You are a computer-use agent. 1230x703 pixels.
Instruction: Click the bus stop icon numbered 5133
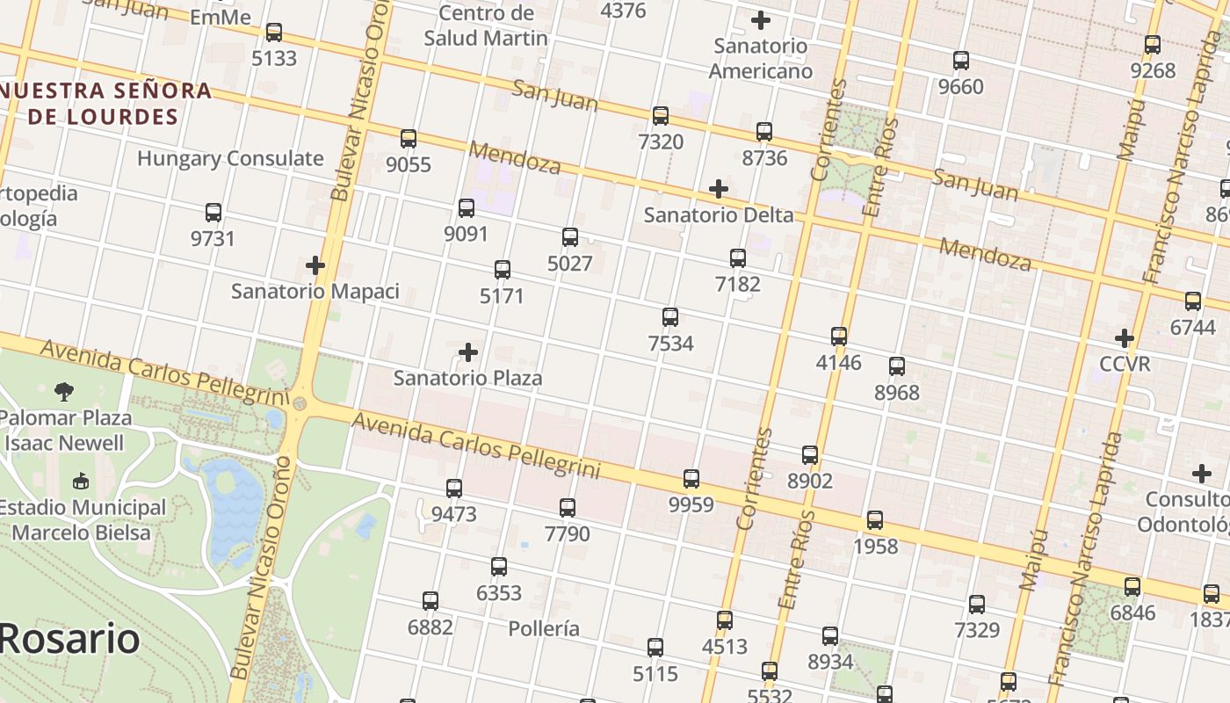click(x=274, y=33)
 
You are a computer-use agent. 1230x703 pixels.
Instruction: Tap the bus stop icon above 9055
click(x=409, y=139)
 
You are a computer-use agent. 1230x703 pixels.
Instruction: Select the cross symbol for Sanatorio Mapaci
click(x=315, y=265)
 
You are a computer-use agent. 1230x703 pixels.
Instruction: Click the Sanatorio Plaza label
click(x=467, y=379)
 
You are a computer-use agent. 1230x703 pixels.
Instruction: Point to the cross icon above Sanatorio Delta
click(x=719, y=189)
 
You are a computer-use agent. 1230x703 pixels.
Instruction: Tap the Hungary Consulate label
click(x=230, y=159)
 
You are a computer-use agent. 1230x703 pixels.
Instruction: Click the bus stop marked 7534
click(x=670, y=317)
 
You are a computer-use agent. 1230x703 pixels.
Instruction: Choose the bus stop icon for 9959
click(x=691, y=479)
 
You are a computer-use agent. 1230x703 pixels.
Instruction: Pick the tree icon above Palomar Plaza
click(x=63, y=391)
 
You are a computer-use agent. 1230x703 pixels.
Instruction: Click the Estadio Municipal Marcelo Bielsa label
click(x=82, y=520)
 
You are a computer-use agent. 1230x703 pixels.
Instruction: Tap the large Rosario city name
click(x=70, y=639)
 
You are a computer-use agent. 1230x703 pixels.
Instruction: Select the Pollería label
click(x=544, y=628)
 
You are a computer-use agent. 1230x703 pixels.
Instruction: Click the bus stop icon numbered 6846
click(x=1132, y=587)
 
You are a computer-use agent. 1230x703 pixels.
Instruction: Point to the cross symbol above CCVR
click(x=1125, y=338)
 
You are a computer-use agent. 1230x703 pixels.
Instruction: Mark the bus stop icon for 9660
click(x=961, y=61)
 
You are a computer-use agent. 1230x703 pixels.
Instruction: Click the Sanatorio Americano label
click(x=761, y=58)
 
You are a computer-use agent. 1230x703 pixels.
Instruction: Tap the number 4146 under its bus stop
click(x=839, y=363)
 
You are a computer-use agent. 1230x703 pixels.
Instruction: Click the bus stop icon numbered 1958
click(x=875, y=520)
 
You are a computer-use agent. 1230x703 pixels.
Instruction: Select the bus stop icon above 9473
click(x=454, y=488)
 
